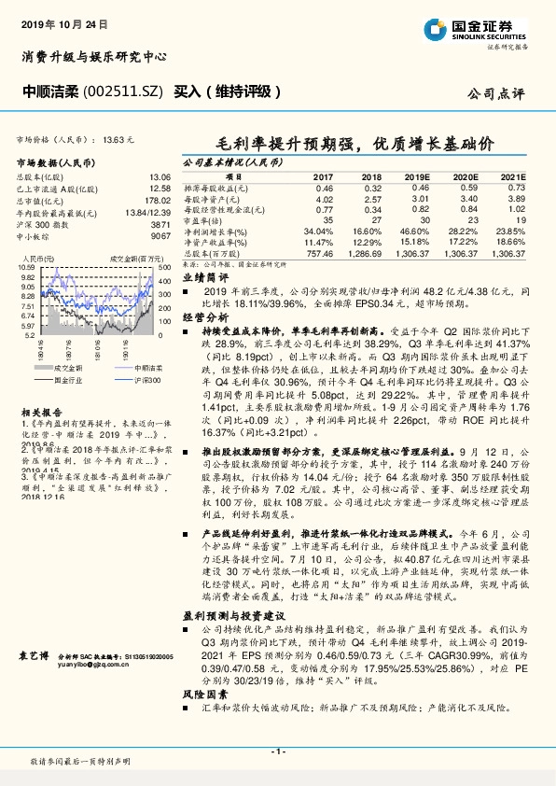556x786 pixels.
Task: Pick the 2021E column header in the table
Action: coord(513,176)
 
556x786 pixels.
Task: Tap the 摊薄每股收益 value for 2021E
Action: coord(514,188)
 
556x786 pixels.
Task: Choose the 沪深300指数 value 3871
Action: coord(159,225)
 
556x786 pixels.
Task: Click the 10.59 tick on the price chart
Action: coord(27,267)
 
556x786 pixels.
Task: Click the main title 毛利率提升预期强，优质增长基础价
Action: coord(355,145)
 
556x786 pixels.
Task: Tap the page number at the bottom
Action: coord(278,751)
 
